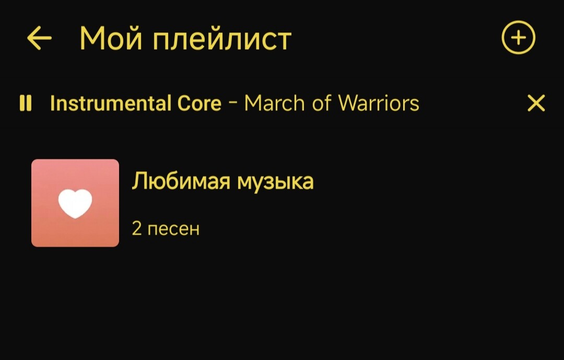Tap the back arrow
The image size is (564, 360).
click(39, 38)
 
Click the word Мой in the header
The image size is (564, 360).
click(111, 38)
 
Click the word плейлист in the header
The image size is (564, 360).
click(222, 39)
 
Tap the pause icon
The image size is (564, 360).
click(26, 103)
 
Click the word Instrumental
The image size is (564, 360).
click(110, 103)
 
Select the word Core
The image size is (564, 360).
click(199, 103)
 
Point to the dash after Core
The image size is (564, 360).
click(233, 102)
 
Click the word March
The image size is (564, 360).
click(275, 103)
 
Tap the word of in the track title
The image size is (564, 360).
click(322, 103)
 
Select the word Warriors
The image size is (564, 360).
click(379, 103)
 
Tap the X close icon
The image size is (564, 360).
click(536, 103)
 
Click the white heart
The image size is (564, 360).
click(75, 203)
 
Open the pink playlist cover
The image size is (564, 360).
click(75, 203)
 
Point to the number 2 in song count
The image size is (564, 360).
click(137, 228)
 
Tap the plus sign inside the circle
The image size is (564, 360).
click(519, 38)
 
